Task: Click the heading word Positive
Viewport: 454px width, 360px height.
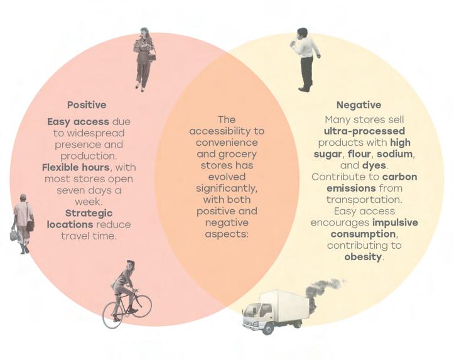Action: tap(87, 105)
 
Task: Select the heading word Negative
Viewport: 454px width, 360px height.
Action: tap(359, 105)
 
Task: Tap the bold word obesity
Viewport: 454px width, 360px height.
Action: tap(364, 256)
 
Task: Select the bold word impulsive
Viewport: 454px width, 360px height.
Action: tap(394, 222)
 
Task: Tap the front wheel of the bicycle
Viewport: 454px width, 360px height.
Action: tap(141, 306)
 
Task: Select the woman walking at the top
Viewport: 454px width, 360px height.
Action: tap(144, 58)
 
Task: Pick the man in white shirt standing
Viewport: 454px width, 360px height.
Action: tap(305, 58)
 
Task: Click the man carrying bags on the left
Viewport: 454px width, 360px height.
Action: tap(23, 223)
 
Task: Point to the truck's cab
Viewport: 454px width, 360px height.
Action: tap(257, 314)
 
